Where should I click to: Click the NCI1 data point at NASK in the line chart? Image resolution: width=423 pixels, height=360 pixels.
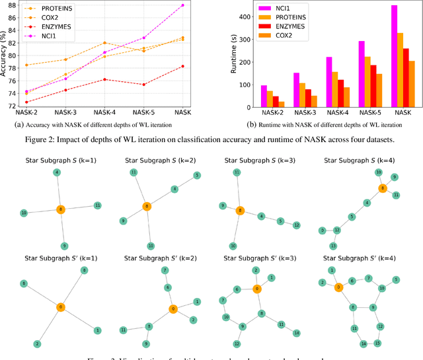click(182, 5)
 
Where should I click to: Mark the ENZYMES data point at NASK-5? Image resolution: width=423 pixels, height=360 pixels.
click(143, 84)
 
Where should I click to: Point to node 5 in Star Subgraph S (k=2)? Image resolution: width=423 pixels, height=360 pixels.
click(196, 175)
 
